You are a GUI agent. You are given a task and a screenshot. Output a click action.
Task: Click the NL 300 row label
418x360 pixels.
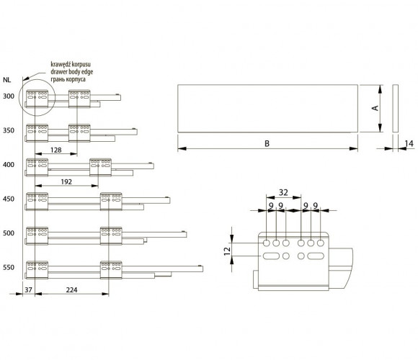(9, 96)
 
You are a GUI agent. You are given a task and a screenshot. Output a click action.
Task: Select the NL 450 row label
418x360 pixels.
(9, 199)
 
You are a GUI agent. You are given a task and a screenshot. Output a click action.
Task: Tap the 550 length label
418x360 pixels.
(9, 267)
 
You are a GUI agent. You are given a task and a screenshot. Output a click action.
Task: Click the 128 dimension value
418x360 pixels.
(56, 150)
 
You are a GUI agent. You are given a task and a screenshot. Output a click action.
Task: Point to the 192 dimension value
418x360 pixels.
(66, 182)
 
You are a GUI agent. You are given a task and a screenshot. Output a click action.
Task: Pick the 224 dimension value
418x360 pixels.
(72, 289)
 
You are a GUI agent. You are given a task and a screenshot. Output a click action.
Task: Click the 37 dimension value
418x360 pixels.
(28, 289)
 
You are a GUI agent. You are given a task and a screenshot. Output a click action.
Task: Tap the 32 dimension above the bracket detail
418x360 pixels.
(283, 192)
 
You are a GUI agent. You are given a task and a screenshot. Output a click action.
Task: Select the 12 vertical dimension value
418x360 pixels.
(227, 251)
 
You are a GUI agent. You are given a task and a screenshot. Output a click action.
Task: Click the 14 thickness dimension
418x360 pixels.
(409, 143)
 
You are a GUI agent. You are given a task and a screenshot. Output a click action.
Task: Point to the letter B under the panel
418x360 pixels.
(267, 143)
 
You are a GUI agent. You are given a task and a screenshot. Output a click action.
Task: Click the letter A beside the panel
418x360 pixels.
(375, 108)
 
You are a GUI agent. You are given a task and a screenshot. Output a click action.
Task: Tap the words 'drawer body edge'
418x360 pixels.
(72, 71)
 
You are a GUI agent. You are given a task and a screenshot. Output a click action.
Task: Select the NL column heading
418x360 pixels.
(7, 80)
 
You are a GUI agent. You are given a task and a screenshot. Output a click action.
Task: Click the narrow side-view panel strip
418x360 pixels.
(396, 109)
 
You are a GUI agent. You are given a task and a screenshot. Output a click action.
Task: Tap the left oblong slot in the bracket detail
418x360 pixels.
(271, 256)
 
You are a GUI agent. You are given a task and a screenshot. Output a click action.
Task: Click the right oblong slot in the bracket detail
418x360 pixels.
(316, 256)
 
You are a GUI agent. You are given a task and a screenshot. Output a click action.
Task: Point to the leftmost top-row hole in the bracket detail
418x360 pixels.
(267, 243)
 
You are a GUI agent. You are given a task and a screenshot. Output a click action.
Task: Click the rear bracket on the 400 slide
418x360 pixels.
(100, 167)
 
